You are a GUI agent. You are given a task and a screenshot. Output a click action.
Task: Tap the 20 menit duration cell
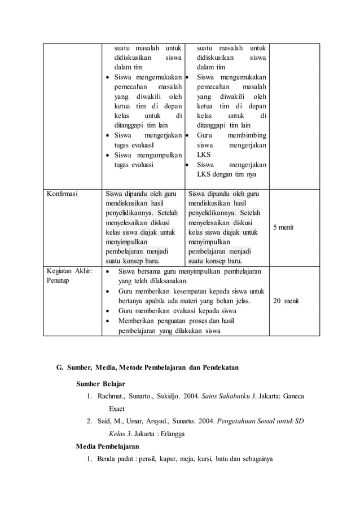coord(286,301)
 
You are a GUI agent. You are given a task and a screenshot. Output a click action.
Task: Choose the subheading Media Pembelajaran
coord(107,446)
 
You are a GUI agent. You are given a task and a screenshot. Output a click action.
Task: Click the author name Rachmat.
coord(112,398)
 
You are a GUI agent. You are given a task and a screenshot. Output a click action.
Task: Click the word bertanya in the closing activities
coord(131,301)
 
